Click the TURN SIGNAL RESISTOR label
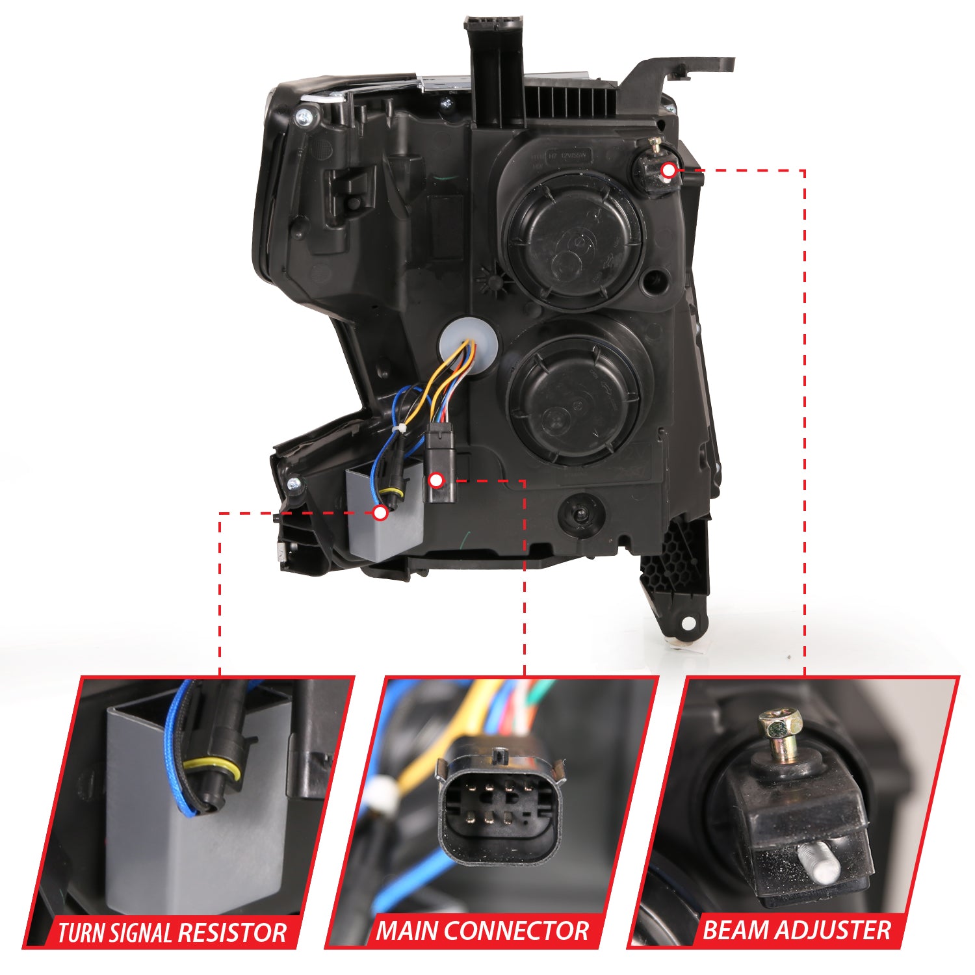pyautogui.click(x=172, y=933)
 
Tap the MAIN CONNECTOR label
pyautogui.click(x=482, y=931)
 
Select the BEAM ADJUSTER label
pyautogui.click(x=796, y=930)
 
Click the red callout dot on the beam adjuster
pyautogui.click(x=668, y=170)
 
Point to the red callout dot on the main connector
pyautogui.click(x=437, y=480)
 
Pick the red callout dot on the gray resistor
pyautogui.click(x=381, y=512)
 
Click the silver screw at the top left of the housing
pyautogui.click(x=321, y=118)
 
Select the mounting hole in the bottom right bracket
pyautogui.click(x=688, y=623)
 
